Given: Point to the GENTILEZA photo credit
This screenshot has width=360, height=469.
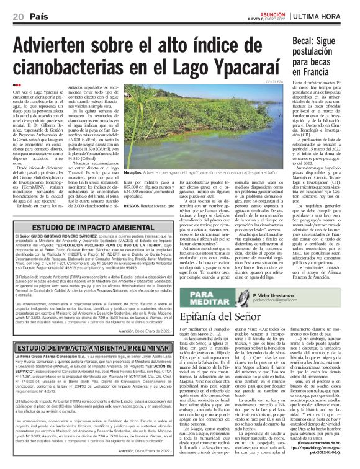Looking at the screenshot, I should click(x=266, y=81).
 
